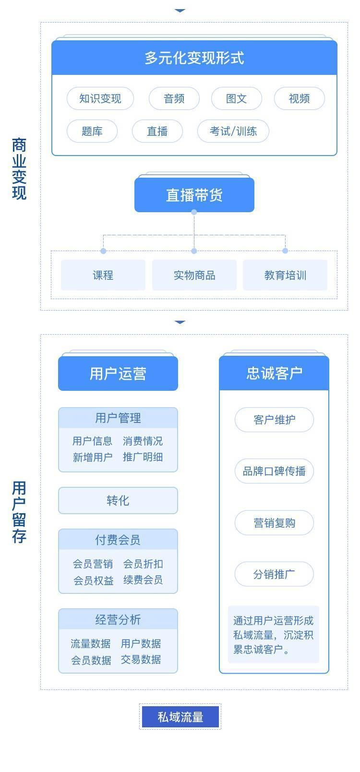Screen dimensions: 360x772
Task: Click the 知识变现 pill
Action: point(100,98)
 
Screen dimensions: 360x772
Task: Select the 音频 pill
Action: point(174,98)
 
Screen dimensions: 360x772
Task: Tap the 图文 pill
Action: point(236,98)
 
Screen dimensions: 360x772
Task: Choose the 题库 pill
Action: point(92,132)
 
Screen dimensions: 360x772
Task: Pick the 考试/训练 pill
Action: point(233,132)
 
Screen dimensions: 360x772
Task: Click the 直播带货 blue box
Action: point(194,195)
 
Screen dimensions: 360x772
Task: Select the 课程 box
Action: point(103,275)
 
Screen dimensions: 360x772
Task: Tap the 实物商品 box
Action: point(194,275)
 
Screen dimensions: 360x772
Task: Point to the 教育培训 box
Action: point(285,275)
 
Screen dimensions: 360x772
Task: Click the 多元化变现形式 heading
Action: point(194,58)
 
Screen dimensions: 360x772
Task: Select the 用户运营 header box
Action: point(118,374)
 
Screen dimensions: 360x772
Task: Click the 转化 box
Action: point(118,500)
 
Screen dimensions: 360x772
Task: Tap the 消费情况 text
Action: point(143,441)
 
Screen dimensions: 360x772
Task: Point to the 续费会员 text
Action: point(143,579)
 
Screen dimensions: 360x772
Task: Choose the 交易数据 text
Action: point(141,659)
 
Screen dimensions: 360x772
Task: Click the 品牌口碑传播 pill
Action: point(274,471)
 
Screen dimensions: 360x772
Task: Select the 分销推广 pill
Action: point(274,574)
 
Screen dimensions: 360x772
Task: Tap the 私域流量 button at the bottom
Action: point(180,717)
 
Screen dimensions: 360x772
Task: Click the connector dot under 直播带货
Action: point(194,212)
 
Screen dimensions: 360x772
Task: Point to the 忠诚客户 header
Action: point(274,373)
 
